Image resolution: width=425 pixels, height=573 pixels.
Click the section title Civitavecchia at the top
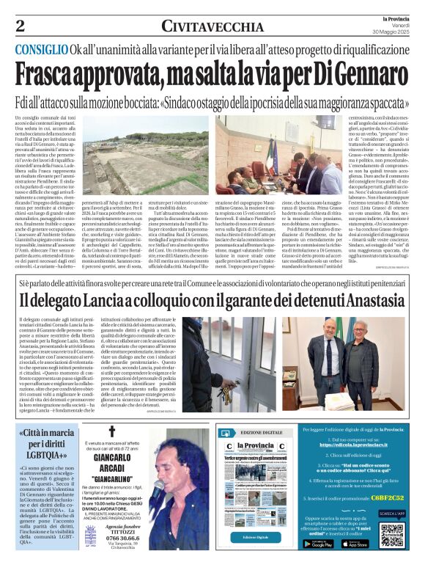point(212,26)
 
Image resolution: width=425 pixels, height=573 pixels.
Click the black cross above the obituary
point(111,431)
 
